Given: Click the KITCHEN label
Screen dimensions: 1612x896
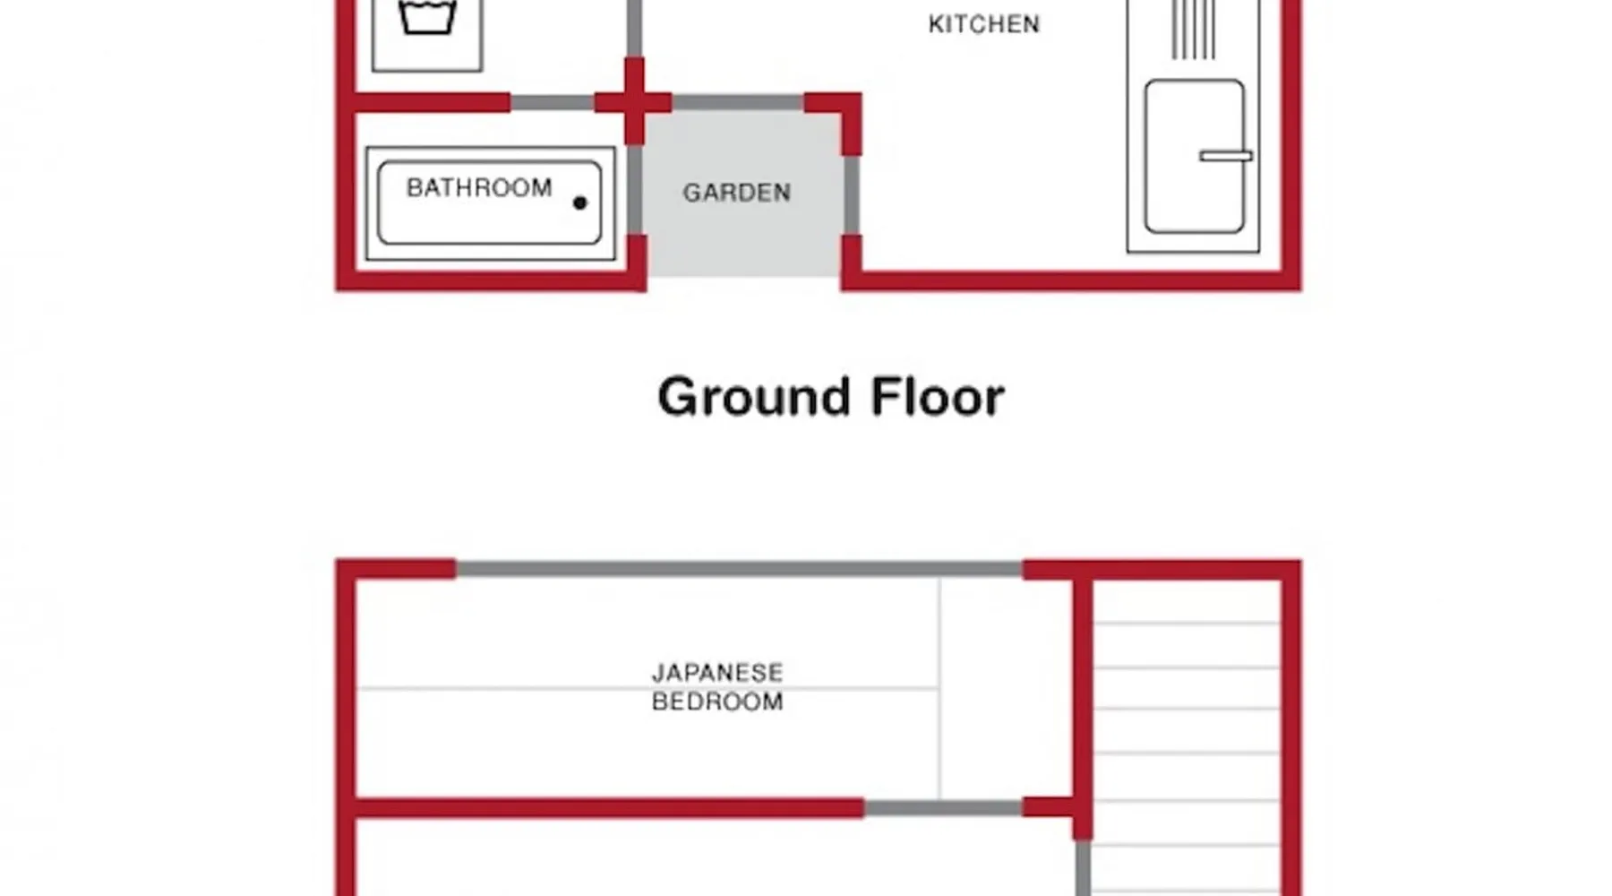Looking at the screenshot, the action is tap(984, 24).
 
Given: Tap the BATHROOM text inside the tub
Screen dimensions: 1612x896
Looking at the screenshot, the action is tap(479, 188).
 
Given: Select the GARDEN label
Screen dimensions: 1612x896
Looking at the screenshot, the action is tap(737, 193).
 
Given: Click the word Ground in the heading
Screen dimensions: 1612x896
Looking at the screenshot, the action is tap(754, 398).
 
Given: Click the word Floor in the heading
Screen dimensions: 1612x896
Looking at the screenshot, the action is tap(938, 397).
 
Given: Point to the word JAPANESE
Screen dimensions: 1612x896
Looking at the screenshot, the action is tap(717, 673).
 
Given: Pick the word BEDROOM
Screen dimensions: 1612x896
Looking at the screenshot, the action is tap(717, 702).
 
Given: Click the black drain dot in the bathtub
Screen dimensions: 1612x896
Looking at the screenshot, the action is tap(579, 203).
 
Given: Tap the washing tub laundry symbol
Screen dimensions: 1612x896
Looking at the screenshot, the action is tap(427, 17).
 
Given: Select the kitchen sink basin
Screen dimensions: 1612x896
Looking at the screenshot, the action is tap(1195, 157).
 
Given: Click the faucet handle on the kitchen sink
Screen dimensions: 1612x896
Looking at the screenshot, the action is tap(1226, 156).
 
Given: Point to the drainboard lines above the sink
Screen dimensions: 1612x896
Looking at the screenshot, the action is tap(1194, 30).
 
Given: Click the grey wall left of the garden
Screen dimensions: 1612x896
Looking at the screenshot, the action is tap(634, 190).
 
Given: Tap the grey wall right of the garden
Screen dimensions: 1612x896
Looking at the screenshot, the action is tap(852, 195).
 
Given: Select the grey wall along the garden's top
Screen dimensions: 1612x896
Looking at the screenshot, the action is tap(737, 103).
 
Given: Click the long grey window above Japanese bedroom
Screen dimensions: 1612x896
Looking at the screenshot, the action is tap(739, 569).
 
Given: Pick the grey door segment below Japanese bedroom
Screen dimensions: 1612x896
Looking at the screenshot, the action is tap(943, 808).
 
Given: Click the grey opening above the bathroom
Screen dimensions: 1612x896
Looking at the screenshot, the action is tap(553, 103).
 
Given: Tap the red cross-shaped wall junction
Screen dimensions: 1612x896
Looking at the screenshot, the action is tap(634, 102).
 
